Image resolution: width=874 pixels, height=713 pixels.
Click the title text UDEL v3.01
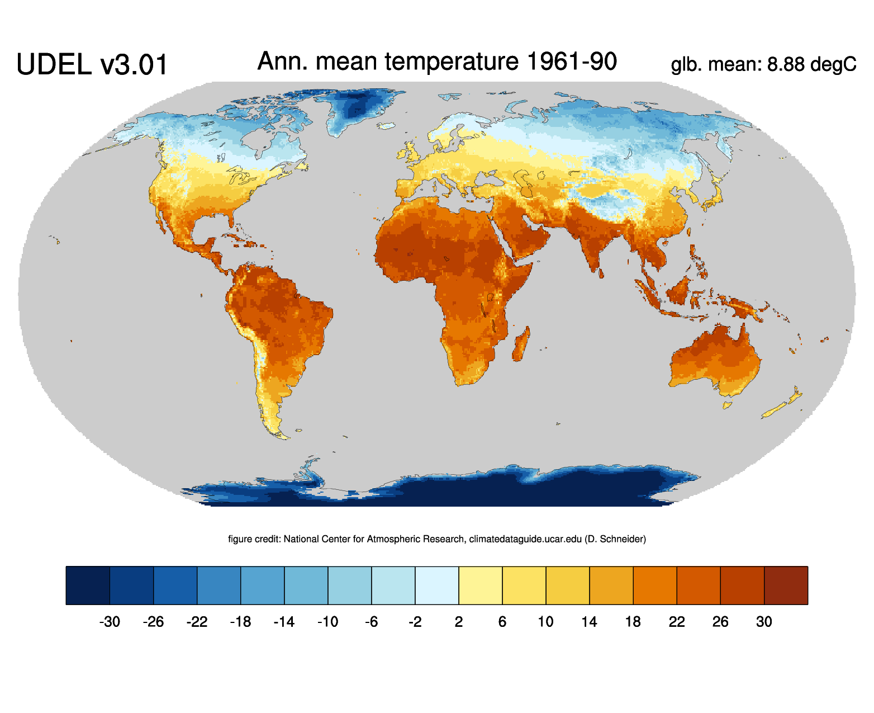click(92, 65)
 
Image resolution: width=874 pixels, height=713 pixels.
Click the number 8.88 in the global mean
click(786, 65)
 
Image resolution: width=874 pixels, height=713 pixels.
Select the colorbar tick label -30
click(110, 622)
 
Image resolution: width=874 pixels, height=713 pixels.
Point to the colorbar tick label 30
click(764, 622)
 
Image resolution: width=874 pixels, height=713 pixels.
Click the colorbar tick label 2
click(459, 622)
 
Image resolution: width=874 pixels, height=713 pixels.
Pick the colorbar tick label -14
click(284, 622)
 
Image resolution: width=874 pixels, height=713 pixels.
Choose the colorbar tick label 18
click(633, 622)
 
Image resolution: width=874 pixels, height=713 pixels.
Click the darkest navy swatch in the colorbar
click(88, 585)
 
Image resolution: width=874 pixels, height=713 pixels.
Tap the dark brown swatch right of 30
click(786, 585)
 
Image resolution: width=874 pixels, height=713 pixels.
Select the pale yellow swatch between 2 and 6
click(481, 585)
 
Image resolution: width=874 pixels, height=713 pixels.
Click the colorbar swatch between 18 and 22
click(655, 585)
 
